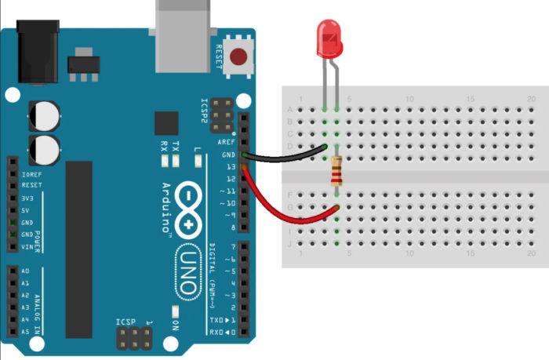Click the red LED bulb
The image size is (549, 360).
pyautogui.click(x=329, y=40)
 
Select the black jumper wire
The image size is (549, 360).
pyautogui.click(x=286, y=155)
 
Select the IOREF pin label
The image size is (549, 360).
pyautogui.click(x=32, y=174)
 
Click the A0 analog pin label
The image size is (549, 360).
pyautogui.click(x=27, y=271)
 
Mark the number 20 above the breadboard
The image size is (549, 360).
pyautogui.click(x=532, y=99)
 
